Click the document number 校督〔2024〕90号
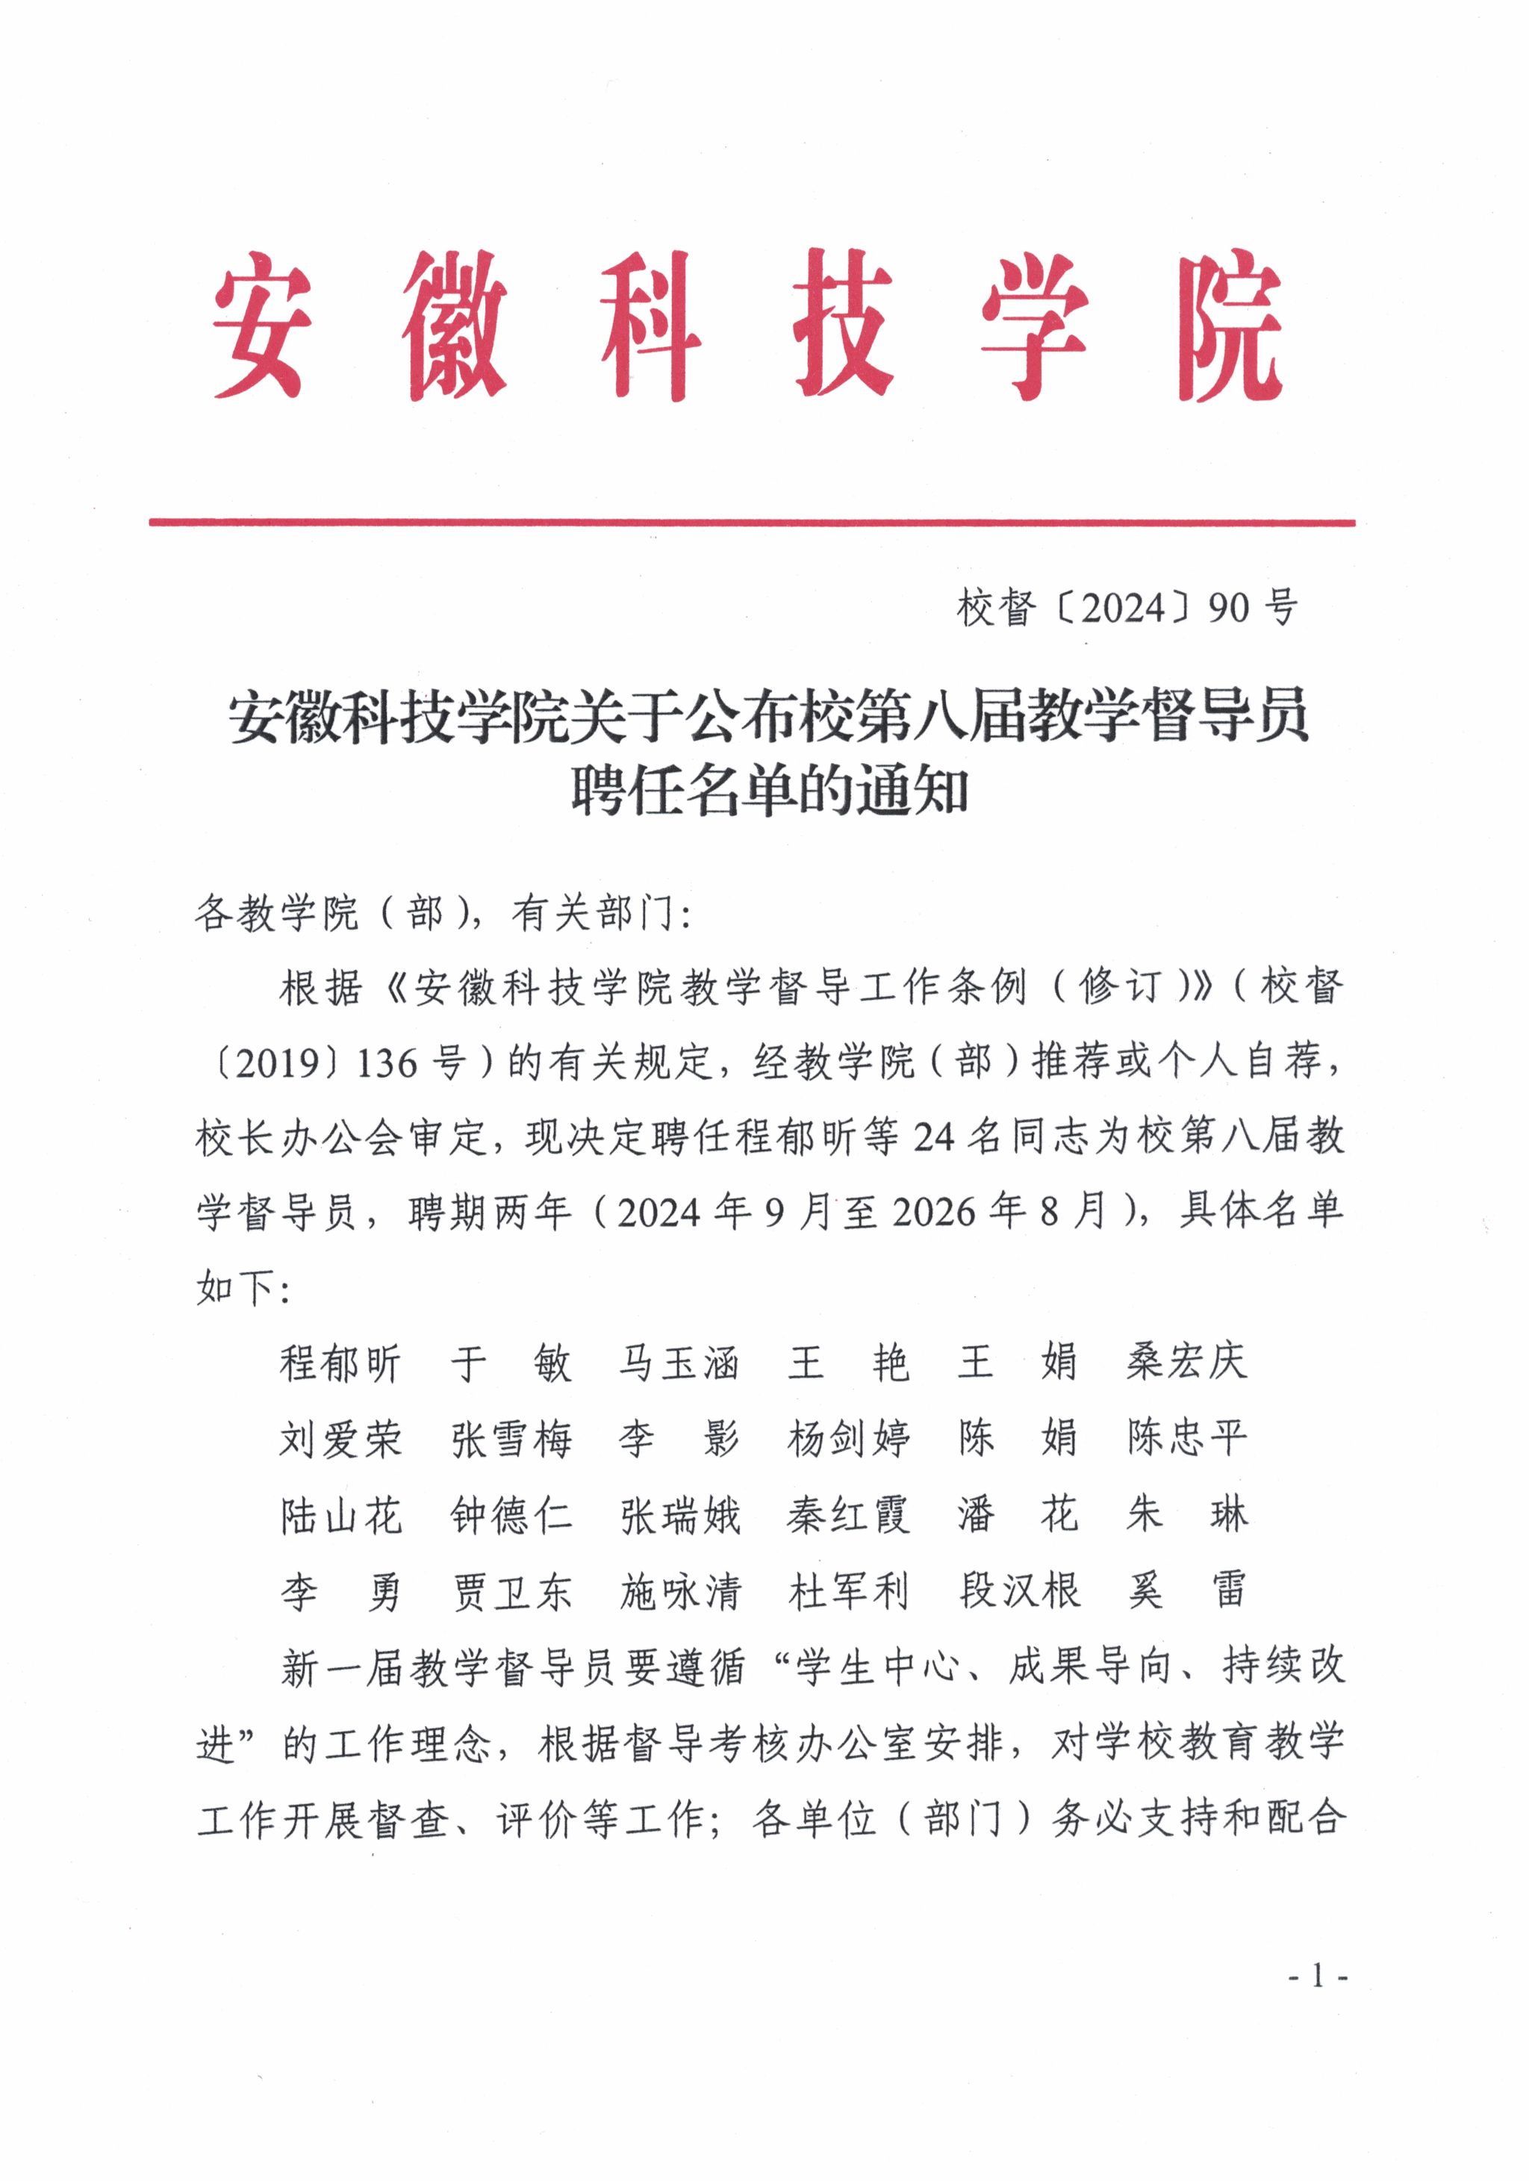(1127, 608)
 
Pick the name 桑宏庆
(1186, 1363)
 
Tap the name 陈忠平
(1186, 1438)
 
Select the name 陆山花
(340, 1516)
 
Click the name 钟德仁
(511, 1516)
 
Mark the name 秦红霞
(848, 1516)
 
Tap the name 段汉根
(1019, 1591)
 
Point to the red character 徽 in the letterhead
(453, 325)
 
